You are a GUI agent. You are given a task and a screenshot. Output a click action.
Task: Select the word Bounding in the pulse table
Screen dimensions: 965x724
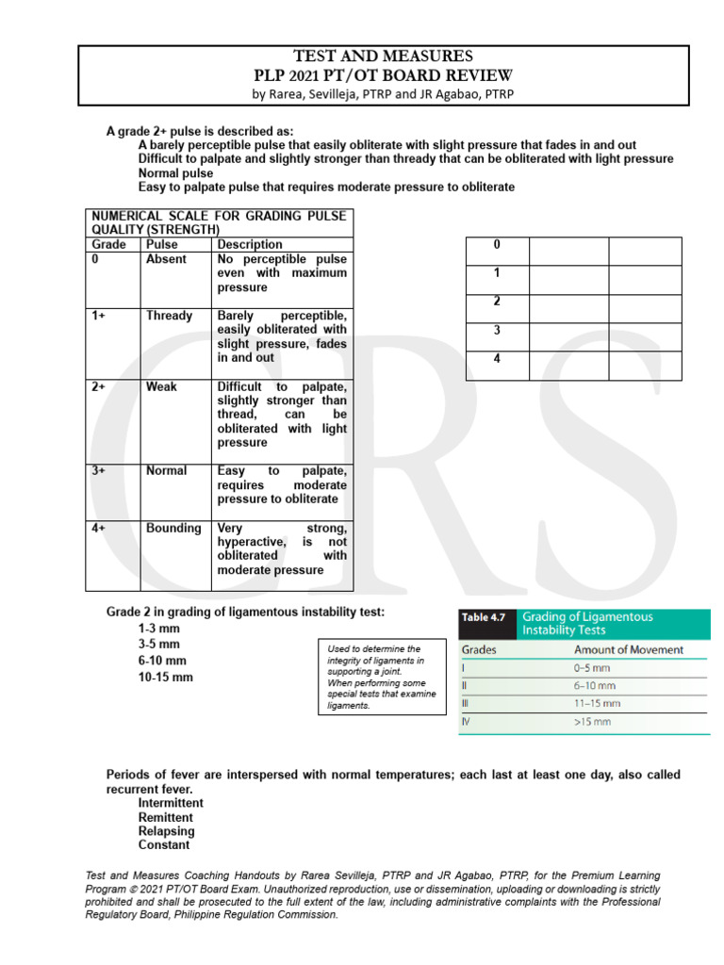point(173,528)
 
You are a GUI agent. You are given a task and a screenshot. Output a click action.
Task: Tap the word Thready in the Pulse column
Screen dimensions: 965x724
point(169,316)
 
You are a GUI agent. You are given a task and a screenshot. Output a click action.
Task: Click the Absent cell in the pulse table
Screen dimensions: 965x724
point(166,259)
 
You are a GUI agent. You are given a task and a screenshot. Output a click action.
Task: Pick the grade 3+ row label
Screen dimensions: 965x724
point(99,470)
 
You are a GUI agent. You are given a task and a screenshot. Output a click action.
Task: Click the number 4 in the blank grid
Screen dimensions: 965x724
point(497,359)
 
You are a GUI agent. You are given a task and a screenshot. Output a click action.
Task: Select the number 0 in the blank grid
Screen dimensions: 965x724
point(497,245)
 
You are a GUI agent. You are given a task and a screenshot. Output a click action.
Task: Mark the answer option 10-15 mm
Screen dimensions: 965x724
point(165,677)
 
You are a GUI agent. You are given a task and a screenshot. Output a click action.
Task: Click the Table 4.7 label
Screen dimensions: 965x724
point(484,617)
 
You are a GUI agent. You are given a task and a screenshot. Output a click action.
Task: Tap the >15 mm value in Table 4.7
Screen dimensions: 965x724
point(592,721)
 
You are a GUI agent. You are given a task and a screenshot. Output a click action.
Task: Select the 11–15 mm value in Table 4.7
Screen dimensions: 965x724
point(597,703)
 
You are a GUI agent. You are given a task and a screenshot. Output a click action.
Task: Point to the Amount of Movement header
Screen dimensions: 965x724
point(628,649)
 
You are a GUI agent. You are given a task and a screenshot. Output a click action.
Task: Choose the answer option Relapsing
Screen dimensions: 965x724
point(167,831)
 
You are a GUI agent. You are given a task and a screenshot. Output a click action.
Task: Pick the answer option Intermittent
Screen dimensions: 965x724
point(171,803)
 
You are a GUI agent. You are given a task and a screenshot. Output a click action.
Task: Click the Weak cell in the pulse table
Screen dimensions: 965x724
point(161,386)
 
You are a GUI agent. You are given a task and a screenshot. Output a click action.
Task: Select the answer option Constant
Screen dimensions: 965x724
point(164,845)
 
